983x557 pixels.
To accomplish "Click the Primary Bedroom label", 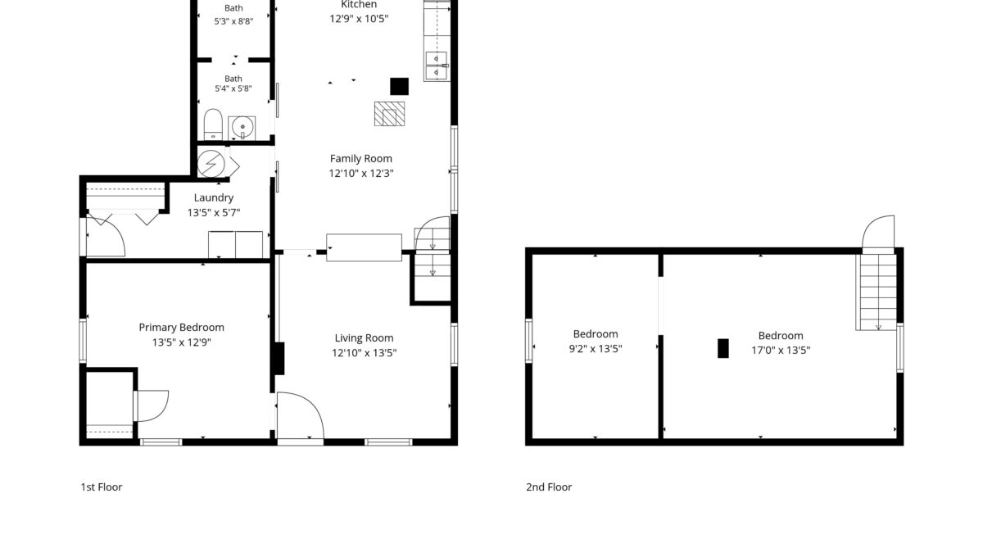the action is [x=181, y=328].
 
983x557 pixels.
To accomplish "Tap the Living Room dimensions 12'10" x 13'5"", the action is [x=364, y=353].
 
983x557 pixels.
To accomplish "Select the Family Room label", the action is [x=360, y=159].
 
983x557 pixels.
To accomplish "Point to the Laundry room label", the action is [x=214, y=198].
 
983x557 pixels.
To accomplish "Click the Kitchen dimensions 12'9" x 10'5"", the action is [x=359, y=19].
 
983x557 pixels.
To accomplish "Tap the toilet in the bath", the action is [x=213, y=125].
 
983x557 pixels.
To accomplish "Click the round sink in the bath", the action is [x=242, y=128].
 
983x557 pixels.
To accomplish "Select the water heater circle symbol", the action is [x=211, y=164].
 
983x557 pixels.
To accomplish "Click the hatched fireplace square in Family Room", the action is [x=389, y=114].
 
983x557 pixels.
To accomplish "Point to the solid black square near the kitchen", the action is [x=400, y=87].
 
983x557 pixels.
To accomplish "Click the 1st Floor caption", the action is [x=102, y=487].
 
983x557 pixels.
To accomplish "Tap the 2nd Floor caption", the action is [x=549, y=487].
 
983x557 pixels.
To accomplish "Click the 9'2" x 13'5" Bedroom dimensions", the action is [x=596, y=349].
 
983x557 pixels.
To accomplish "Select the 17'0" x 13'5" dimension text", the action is [x=781, y=351].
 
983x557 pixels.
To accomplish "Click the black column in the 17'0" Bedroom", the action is [x=723, y=348].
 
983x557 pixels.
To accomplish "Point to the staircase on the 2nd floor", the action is [x=877, y=292].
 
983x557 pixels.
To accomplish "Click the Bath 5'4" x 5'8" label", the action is [x=233, y=84].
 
